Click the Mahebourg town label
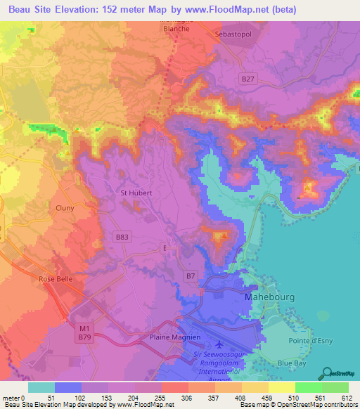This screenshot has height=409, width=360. click(267, 297)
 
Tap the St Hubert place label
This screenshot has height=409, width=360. click(133, 192)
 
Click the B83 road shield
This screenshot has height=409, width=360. click(122, 238)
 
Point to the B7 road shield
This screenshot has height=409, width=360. click(190, 275)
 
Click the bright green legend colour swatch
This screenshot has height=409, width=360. click(308, 387)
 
